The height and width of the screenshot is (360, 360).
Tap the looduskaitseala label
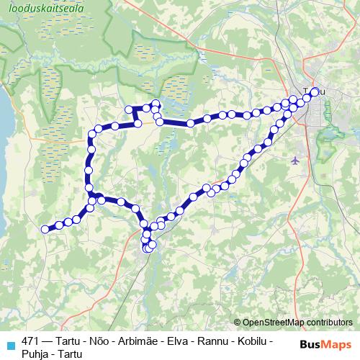45,9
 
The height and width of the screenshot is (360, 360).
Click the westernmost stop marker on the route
45,229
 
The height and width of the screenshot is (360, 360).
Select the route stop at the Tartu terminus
315,91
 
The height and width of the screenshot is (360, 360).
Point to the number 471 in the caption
31,341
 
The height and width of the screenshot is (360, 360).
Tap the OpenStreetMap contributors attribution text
297,323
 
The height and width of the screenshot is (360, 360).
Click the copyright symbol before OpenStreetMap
238,323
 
